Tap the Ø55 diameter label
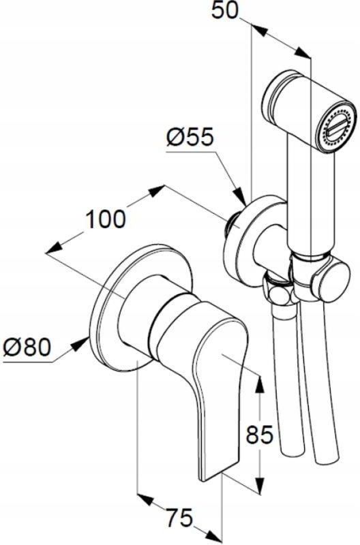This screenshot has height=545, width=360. coord(189,138)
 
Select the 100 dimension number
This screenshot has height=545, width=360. coord(106,219)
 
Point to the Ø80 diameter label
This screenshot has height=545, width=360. coord(27,347)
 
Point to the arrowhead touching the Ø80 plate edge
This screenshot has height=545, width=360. coord(80,344)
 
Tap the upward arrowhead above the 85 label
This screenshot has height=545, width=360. coord(260,384)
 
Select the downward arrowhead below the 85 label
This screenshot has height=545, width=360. coord(260,484)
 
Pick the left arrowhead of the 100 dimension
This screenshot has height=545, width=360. coord(55,248)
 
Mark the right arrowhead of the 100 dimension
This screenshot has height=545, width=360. coord(156,191)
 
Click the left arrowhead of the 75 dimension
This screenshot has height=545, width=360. coord(146,498)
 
